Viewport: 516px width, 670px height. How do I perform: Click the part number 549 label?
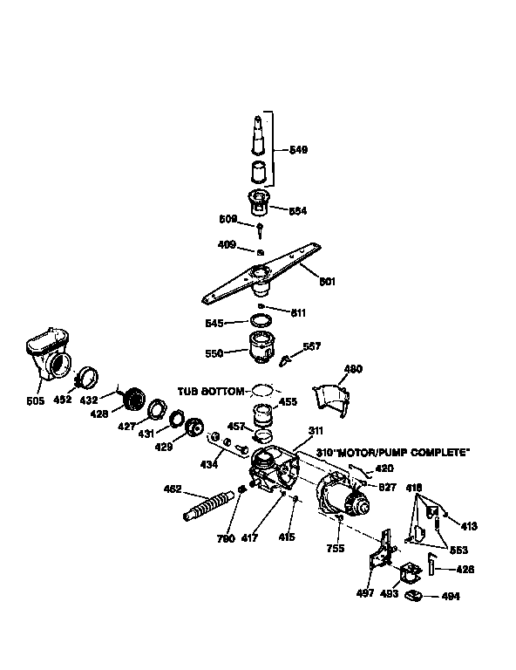click(298, 150)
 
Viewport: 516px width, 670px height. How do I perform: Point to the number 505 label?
click(36, 403)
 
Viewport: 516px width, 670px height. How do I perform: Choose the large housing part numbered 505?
click(49, 354)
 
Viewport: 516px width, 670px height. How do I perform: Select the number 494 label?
click(451, 597)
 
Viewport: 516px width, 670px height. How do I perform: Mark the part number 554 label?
click(297, 210)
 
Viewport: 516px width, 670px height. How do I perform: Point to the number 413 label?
click(469, 526)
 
